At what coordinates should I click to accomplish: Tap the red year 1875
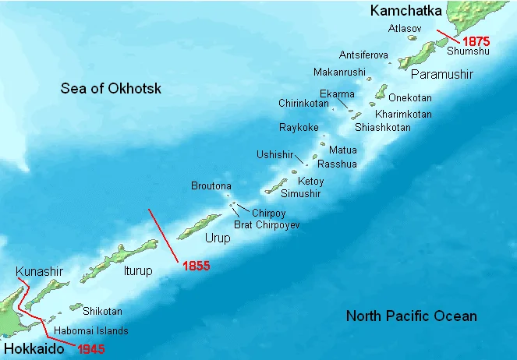475,40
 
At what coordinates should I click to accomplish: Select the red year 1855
196,266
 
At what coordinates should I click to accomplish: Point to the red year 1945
91,348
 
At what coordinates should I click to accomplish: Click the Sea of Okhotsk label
111,89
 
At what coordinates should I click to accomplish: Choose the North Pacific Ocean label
411,316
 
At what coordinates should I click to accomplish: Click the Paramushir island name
441,74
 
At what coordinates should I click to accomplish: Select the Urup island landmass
200,226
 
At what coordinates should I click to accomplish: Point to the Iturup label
137,271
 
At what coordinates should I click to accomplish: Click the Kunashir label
38,271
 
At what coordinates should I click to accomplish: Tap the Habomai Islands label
92,330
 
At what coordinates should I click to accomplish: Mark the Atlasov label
405,28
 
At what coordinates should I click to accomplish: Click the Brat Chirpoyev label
267,224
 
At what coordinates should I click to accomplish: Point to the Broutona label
211,185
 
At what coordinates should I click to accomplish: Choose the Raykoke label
299,127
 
